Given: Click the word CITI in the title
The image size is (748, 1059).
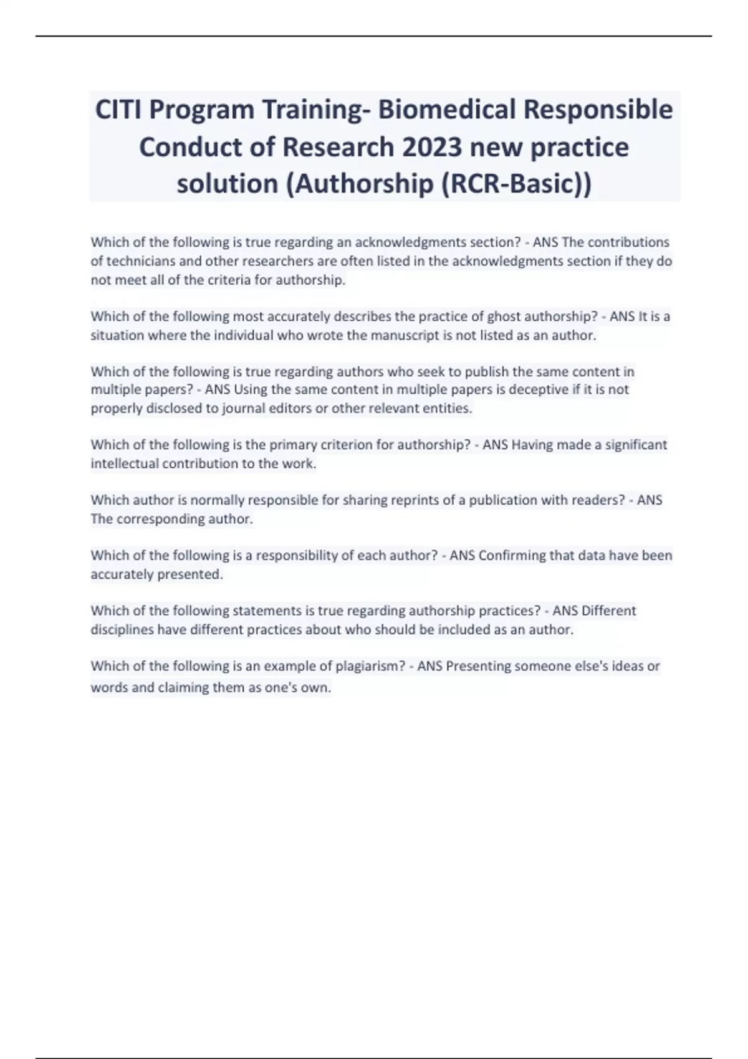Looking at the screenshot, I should coord(118,110).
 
